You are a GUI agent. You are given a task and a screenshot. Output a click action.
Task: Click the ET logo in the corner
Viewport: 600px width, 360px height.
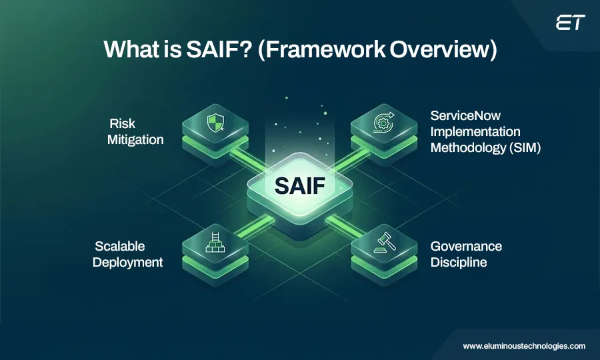(570, 23)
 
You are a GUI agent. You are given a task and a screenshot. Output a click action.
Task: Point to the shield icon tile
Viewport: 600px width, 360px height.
(215, 125)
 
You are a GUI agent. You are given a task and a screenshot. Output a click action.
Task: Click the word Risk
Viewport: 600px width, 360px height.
(122, 124)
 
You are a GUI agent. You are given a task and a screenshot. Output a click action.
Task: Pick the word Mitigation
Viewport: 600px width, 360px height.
(135, 139)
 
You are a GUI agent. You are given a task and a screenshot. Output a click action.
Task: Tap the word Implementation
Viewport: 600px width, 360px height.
(475, 131)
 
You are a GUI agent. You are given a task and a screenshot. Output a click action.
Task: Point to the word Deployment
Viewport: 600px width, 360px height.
(128, 263)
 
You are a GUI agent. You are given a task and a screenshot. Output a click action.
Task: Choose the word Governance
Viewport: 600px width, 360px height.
(466, 247)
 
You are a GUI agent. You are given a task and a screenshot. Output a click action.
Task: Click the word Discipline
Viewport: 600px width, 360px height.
(458, 263)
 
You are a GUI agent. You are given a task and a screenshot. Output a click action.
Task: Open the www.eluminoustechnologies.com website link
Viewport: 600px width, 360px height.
(524, 346)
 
